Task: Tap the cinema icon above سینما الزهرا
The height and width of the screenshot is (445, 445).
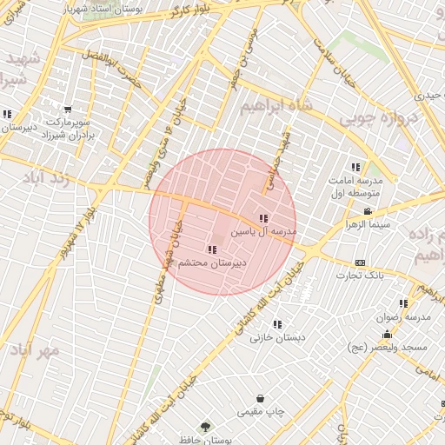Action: (x=369, y=211)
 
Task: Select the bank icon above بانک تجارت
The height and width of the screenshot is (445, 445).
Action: (x=360, y=262)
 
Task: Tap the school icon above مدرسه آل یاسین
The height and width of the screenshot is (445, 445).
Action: (x=263, y=218)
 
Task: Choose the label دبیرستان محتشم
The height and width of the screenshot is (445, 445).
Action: (x=212, y=262)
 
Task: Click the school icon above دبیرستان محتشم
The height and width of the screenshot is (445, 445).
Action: (x=213, y=249)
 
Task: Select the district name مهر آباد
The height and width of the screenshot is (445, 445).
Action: (x=34, y=350)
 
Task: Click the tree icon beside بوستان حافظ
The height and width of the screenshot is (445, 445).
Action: (x=206, y=426)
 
